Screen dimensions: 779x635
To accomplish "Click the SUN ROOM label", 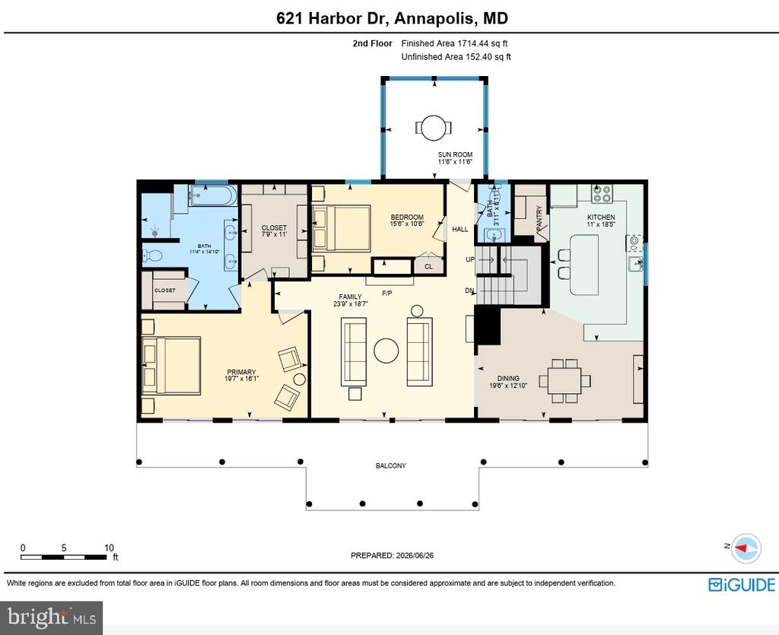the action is coord(455,154).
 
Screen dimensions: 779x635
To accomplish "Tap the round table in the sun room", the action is coord(434,128).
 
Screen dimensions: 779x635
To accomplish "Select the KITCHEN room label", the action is coord(601,217).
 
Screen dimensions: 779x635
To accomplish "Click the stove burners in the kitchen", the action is coord(602,193).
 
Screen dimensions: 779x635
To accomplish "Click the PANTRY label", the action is coord(539,218).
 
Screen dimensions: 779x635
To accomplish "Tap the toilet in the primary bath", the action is coord(153,256).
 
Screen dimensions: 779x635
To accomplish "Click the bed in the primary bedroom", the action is coord(171,366).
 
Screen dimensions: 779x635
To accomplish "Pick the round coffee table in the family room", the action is coord(386,351).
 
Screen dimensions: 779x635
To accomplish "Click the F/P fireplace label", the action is coord(387,293).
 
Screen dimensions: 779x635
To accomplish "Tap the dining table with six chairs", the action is coord(565,381).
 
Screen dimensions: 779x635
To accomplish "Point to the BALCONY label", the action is coord(390,465).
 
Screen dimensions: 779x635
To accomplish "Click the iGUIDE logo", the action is coord(741,584).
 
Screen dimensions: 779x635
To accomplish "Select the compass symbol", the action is coord(746,548).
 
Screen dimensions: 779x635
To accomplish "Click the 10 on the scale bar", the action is coord(109,548).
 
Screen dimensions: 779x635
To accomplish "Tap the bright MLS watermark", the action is coord(52,618).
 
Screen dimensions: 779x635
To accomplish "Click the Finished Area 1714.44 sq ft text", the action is coord(454,43).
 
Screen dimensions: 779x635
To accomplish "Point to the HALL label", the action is coord(460,230).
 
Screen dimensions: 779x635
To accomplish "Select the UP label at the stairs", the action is coord(470,259).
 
